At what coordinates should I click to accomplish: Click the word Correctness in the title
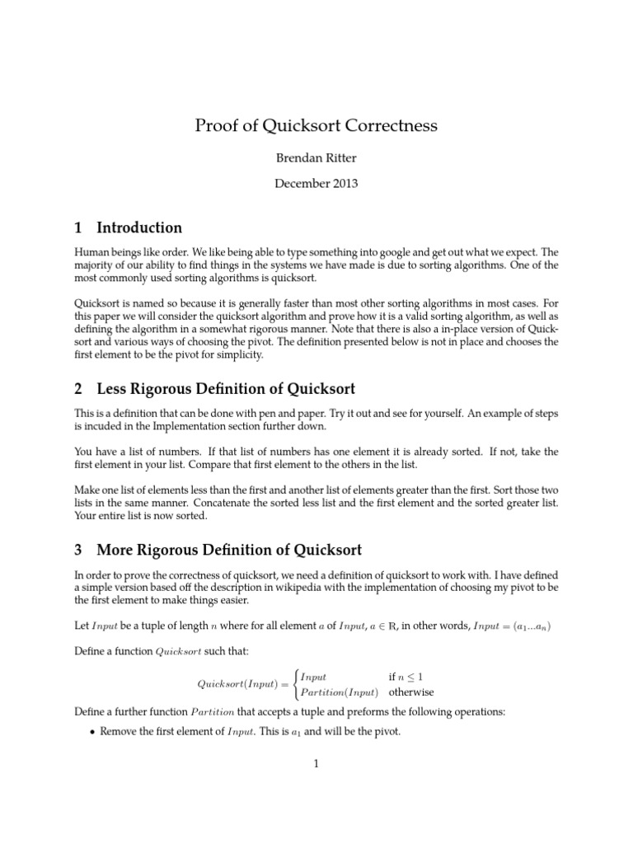(x=388, y=126)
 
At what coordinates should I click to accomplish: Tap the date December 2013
(x=316, y=185)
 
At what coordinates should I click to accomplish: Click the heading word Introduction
(x=139, y=227)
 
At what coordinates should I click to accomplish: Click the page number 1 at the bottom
(x=316, y=763)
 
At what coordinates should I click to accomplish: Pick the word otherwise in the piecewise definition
(x=411, y=692)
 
